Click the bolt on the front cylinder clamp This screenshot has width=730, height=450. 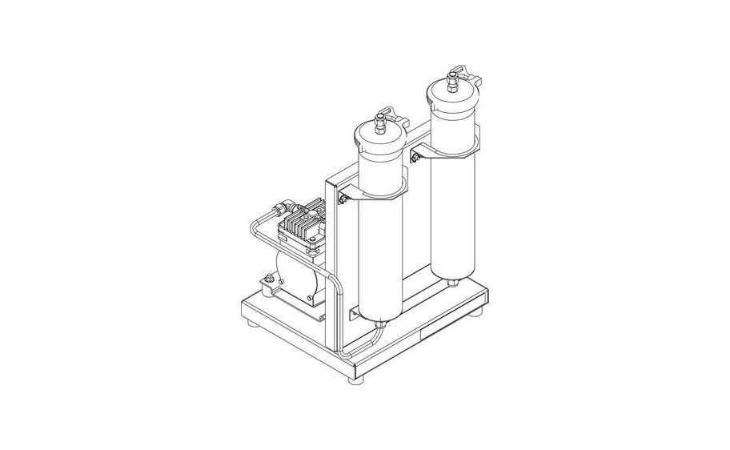pyautogui.click(x=343, y=199)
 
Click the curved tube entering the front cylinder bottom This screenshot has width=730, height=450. pyautogui.click(x=364, y=341)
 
